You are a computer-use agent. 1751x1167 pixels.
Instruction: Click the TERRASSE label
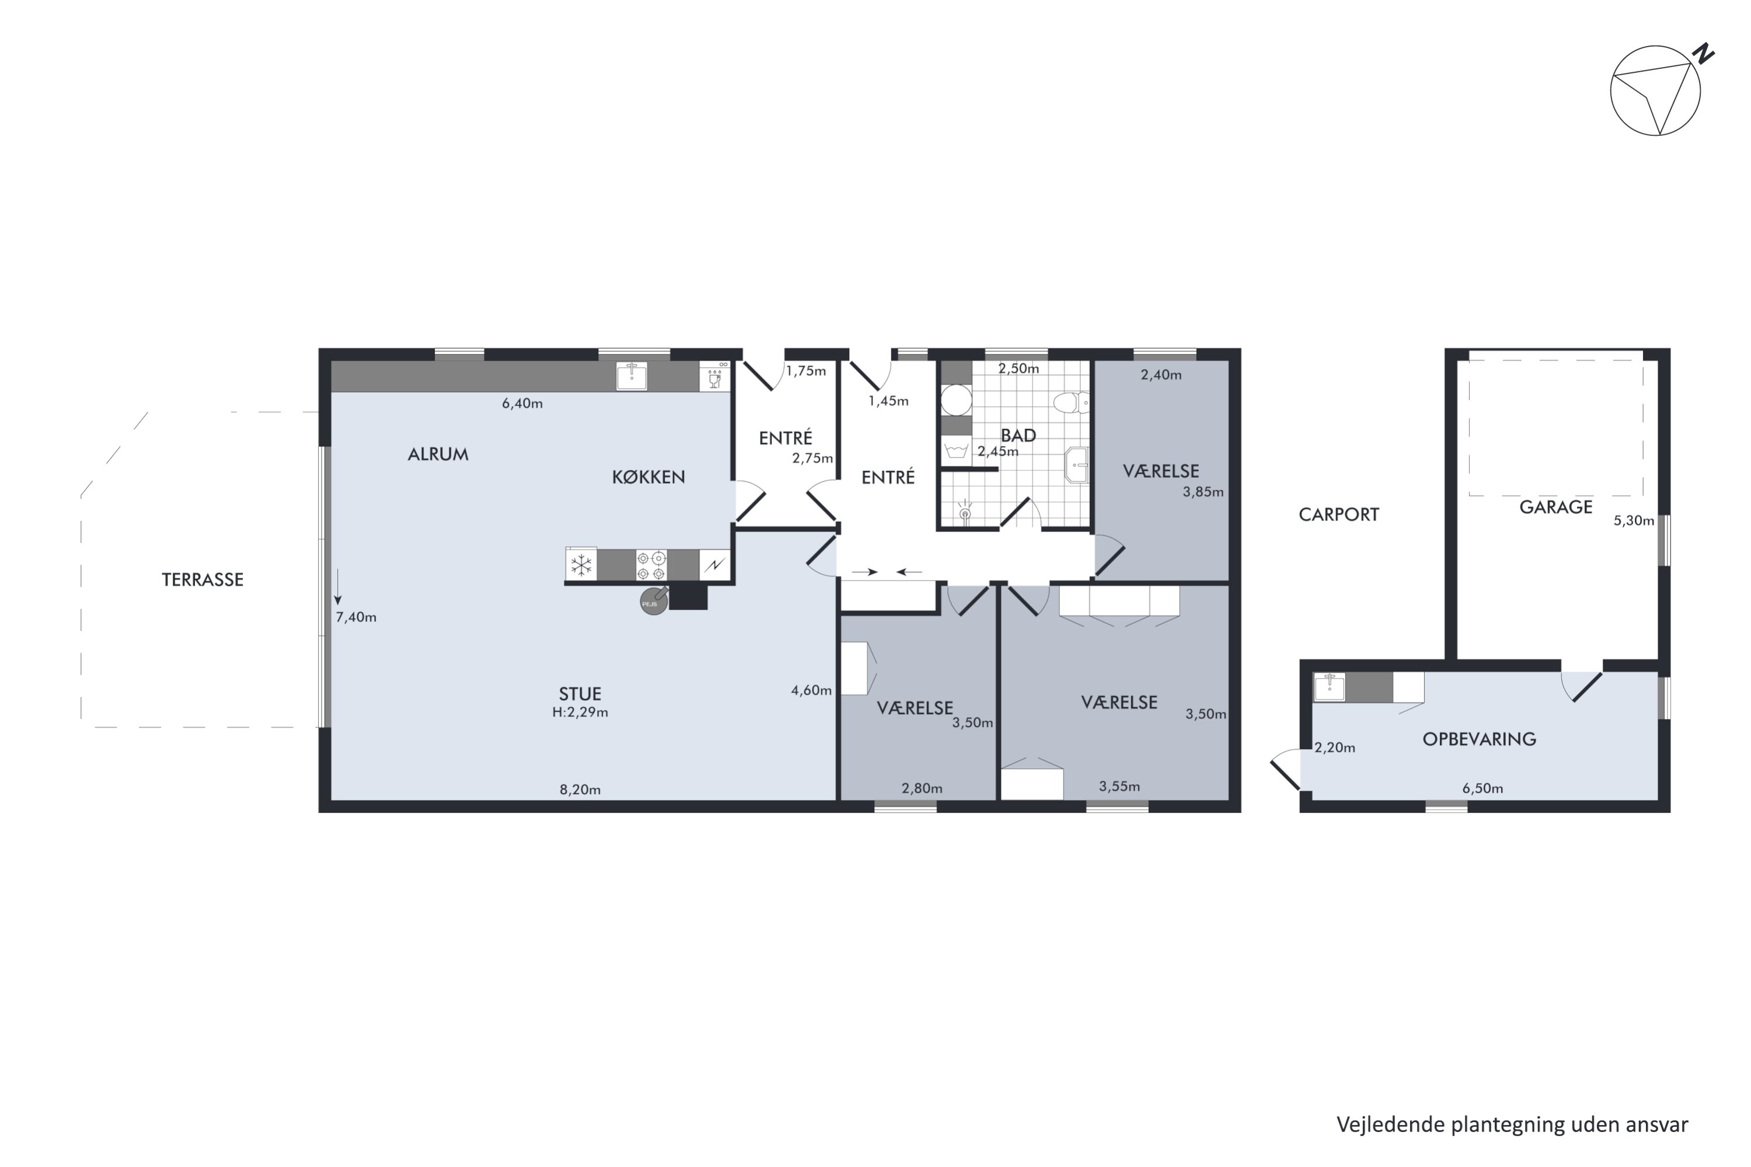coord(203,580)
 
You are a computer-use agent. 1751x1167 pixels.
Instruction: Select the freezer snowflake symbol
coord(581,565)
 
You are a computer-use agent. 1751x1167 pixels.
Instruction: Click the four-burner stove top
coord(651,565)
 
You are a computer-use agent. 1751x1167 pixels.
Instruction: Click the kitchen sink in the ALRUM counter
coord(632,376)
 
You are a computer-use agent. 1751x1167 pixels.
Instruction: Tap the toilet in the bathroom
coord(1070,403)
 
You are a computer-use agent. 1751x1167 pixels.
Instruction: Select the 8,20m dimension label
coord(580,789)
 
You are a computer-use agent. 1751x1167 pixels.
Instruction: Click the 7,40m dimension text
coord(356,617)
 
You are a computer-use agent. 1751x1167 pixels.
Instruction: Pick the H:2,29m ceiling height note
coord(580,712)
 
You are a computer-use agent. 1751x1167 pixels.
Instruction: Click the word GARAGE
coord(1555,508)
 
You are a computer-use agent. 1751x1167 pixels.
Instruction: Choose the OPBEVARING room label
coord(1478,739)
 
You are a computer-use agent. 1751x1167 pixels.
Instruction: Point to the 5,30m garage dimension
coord(1633,521)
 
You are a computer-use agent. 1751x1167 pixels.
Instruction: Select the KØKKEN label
coord(648,477)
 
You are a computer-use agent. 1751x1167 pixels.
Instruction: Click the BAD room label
coord(1018,435)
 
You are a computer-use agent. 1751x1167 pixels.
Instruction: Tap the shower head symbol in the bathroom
coord(965,512)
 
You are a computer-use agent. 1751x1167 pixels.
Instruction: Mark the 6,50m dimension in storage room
coord(1483,789)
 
